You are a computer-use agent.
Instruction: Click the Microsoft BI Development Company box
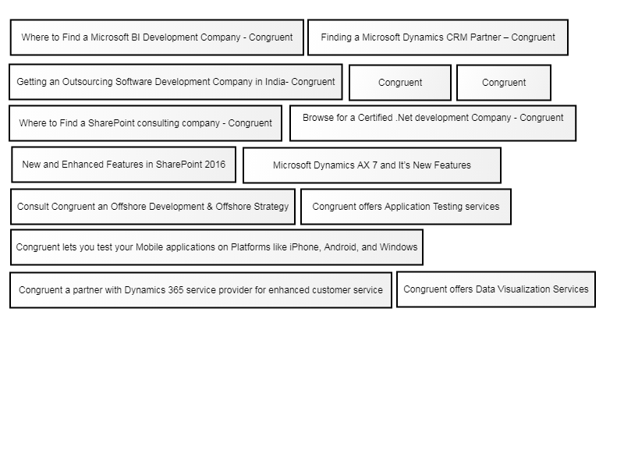pos(157,37)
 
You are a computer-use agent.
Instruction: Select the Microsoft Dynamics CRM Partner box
pos(438,37)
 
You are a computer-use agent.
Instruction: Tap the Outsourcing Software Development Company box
pos(175,82)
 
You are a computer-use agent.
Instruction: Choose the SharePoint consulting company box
pos(145,123)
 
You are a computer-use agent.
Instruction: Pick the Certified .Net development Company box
pos(433,123)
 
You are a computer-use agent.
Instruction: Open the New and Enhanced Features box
pos(124,165)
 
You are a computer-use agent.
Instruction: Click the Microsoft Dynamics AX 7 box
pos(372,165)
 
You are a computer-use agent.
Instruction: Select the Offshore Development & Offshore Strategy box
pos(153,207)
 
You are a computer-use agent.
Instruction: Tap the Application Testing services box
pos(406,207)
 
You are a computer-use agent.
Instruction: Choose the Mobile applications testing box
pos(217,247)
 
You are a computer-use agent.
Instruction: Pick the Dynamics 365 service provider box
pos(200,290)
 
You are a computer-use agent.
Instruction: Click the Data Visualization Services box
pos(496,289)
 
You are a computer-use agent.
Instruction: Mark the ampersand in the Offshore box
pos(210,207)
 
